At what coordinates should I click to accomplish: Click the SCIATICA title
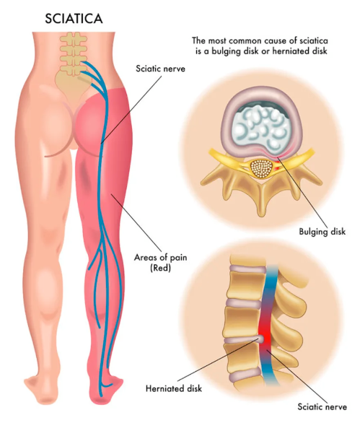click(74, 19)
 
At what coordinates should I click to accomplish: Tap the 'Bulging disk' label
click(322, 232)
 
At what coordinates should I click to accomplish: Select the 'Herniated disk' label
click(174, 388)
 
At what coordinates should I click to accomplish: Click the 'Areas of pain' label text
click(160, 258)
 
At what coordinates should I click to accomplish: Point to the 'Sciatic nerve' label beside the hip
click(160, 69)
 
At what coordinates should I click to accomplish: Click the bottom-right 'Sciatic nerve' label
click(322, 407)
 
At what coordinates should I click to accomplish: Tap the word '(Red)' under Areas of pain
click(160, 268)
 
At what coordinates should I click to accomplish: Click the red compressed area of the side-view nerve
click(265, 334)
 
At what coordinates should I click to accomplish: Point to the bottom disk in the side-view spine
click(245, 376)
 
